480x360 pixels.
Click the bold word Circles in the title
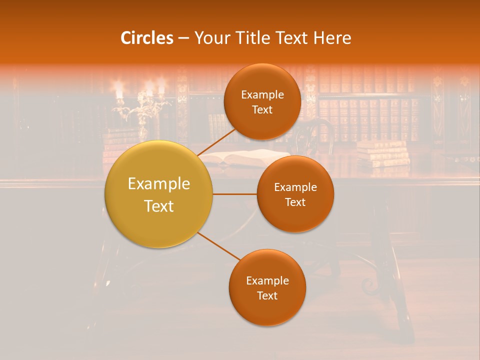point(146,38)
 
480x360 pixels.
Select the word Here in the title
point(332,38)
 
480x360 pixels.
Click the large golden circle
point(159,194)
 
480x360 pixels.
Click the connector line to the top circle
point(216,141)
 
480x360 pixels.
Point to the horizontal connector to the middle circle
point(234,194)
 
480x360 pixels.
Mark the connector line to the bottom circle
point(219,246)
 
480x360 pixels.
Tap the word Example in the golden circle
point(159,184)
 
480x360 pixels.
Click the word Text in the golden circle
point(159,206)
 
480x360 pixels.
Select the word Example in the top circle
point(262,95)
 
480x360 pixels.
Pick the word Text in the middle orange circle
point(295,202)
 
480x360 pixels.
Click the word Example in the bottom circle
point(267,280)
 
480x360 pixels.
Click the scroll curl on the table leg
point(370,286)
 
